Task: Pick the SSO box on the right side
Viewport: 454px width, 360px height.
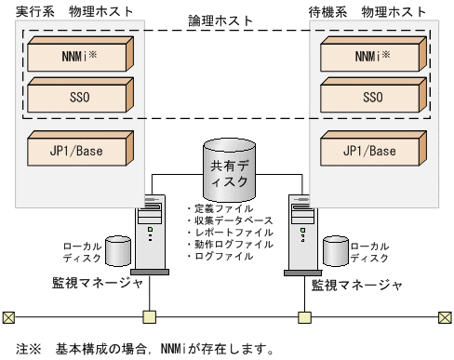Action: click(x=372, y=96)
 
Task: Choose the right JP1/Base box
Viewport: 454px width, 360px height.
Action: click(x=372, y=150)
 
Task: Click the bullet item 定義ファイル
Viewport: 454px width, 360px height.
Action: click(x=220, y=209)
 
